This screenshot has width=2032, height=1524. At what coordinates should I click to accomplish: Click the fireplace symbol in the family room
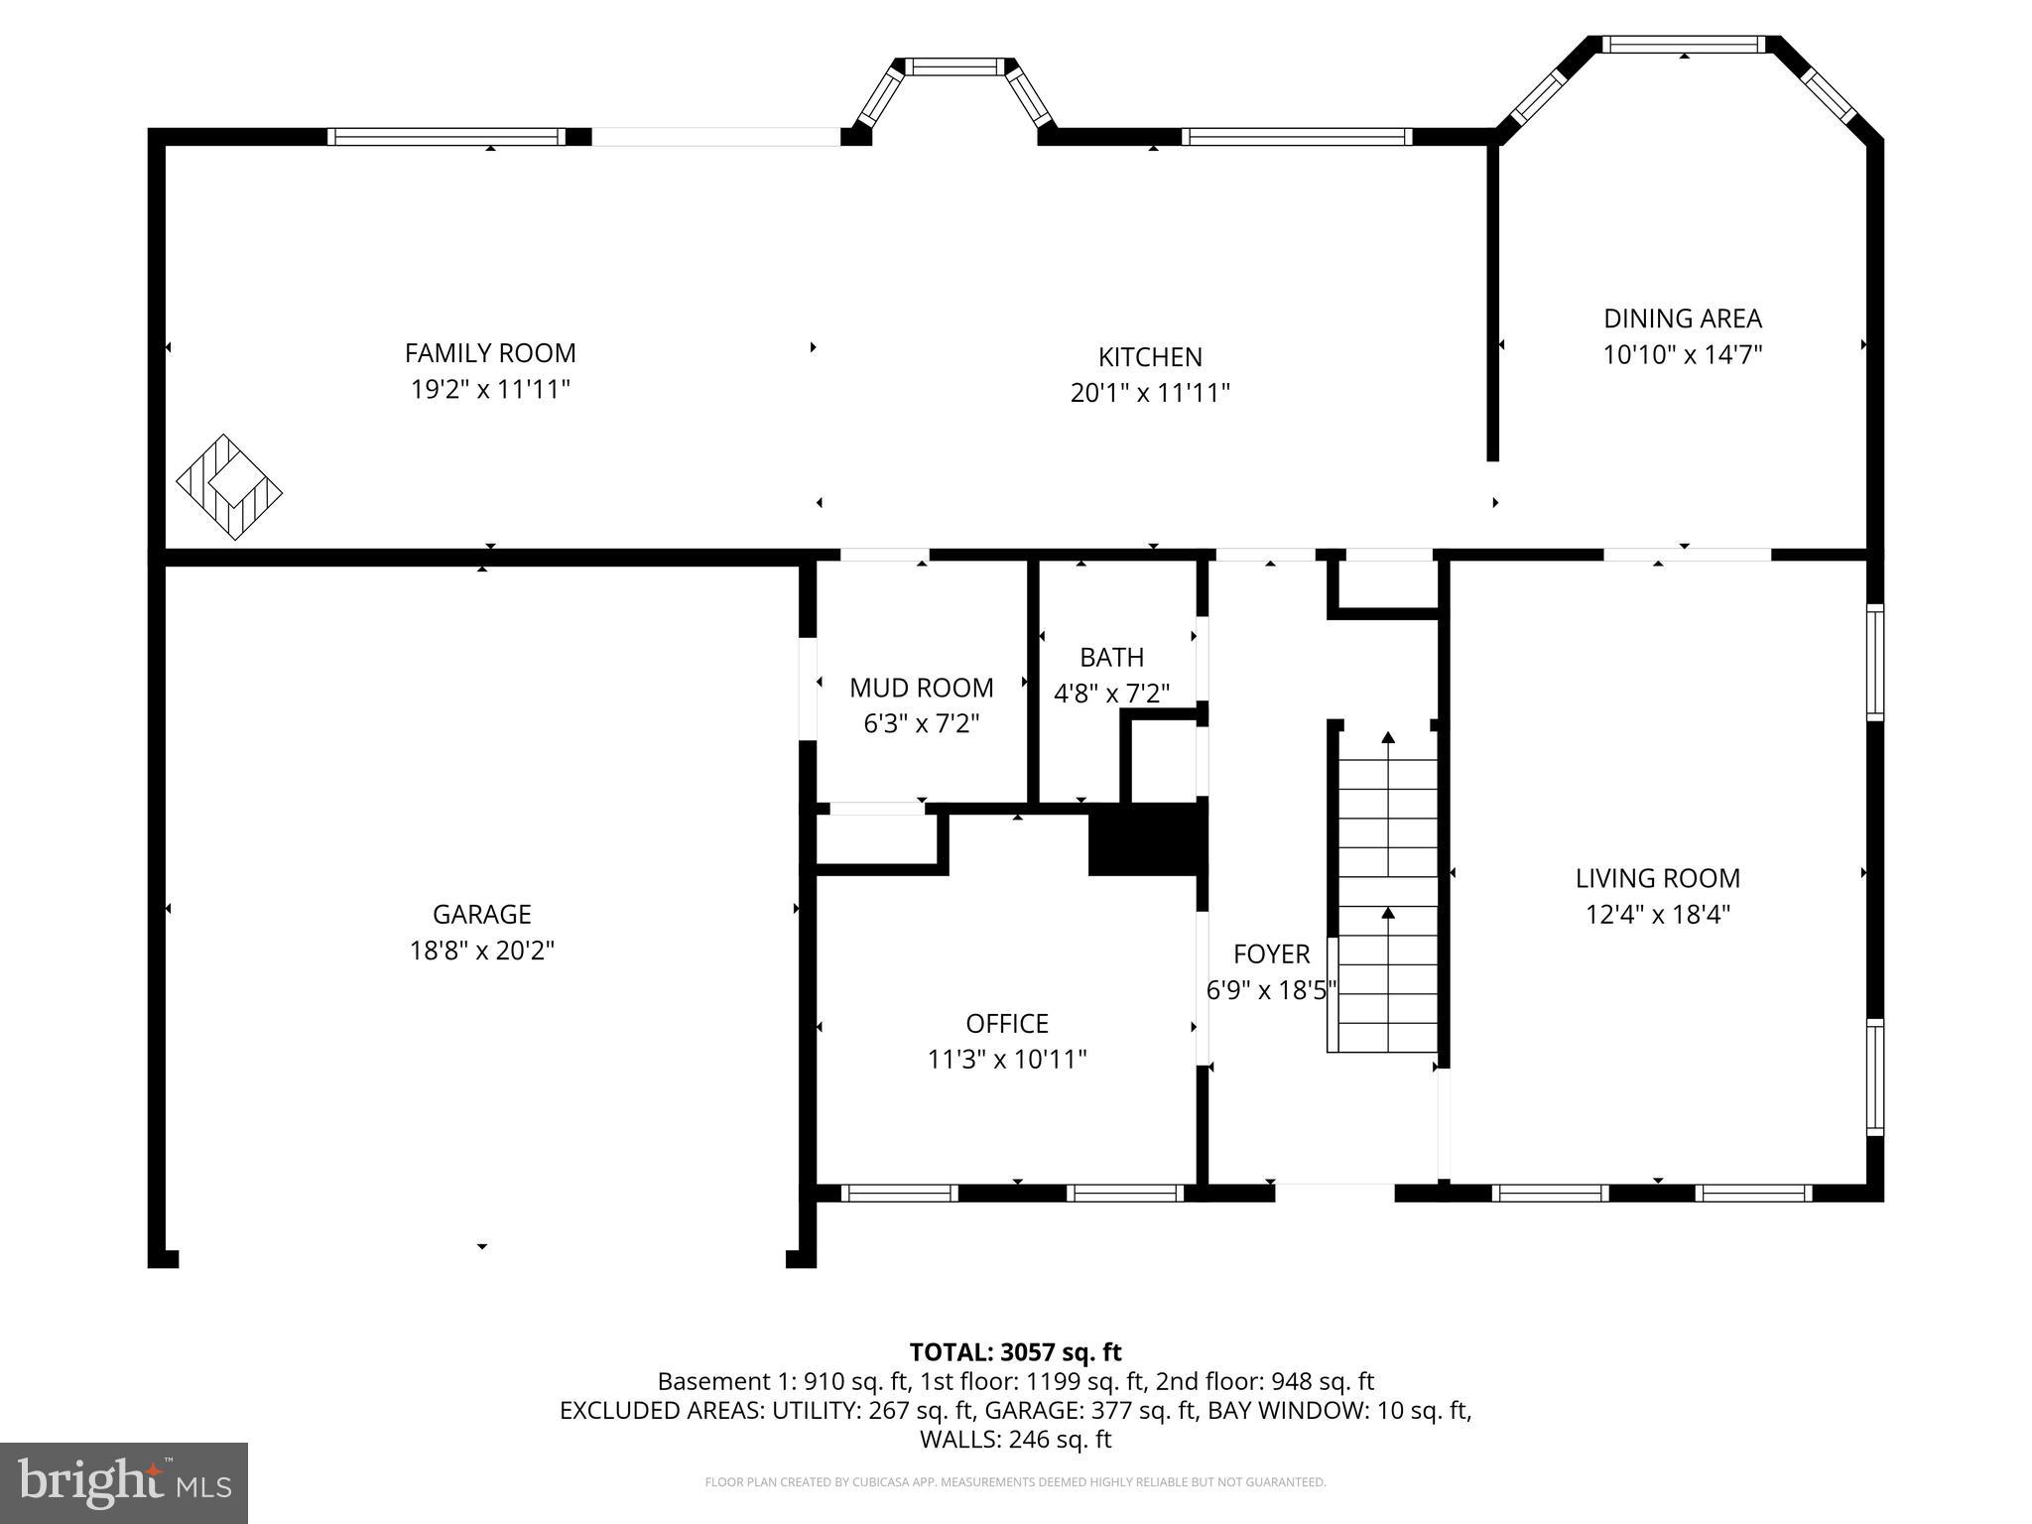click(229, 487)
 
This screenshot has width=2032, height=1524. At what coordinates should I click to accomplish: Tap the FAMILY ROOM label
click(490, 353)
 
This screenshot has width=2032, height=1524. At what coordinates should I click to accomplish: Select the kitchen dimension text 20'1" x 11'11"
click(1150, 394)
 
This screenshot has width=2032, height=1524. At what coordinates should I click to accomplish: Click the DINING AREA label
click(1683, 318)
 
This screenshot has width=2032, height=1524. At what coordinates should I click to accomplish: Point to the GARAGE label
click(481, 914)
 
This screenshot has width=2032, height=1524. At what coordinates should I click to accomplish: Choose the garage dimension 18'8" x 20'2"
click(481, 951)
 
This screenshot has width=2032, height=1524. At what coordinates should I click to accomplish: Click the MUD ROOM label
click(921, 688)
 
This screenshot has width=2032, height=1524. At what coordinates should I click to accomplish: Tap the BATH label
click(1111, 658)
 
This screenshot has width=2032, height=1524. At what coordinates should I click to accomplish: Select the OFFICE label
click(1007, 1023)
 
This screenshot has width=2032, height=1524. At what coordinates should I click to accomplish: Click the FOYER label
click(1271, 954)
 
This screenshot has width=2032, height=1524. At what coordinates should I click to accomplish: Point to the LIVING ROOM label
click(1657, 878)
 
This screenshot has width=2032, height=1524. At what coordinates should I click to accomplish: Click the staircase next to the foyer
click(1386, 893)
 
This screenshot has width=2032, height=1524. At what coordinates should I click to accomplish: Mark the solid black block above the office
click(1146, 840)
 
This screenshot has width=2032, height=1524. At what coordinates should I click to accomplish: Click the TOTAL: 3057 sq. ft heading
click(1015, 1352)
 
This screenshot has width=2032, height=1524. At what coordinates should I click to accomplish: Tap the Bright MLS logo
click(124, 1482)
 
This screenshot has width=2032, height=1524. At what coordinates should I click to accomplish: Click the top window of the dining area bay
click(1683, 45)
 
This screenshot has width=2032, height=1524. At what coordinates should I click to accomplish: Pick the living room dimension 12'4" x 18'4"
click(1657, 915)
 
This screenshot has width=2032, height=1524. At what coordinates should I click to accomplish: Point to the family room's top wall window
click(446, 137)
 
